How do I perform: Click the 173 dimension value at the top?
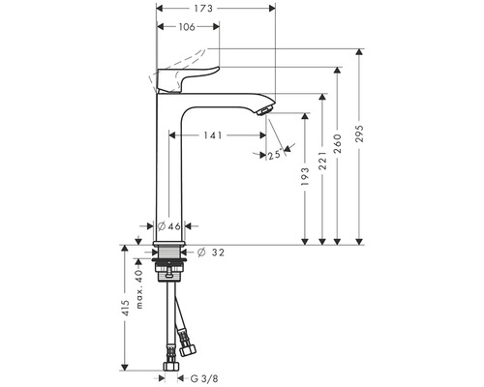pyautogui.click(x=203, y=9)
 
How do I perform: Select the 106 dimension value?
pyautogui.click(x=187, y=27)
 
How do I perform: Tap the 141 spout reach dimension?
pyautogui.click(x=213, y=135)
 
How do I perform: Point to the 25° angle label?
pyautogui.click(x=275, y=155)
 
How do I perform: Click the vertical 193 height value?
pyautogui.click(x=305, y=176)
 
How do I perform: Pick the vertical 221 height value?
pyautogui.click(x=322, y=161)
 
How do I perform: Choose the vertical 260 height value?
pyautogui.click(x=337, y=144)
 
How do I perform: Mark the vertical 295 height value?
pyautogui.click(x=359, y=133)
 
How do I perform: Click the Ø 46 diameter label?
pyautogui.click(x=169, y=226)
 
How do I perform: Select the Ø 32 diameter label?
pyautogui.click(x=210, y=253)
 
